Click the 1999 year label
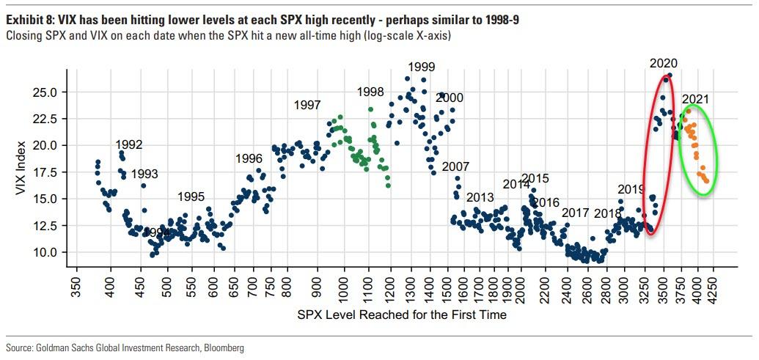point(422,67)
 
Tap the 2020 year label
point(664,63)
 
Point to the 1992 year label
point(129,144)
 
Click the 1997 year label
point(307,105)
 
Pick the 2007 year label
point(455,166)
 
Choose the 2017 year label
point(576,213)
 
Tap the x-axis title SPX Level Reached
point(402,315)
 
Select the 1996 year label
point(249,158)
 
